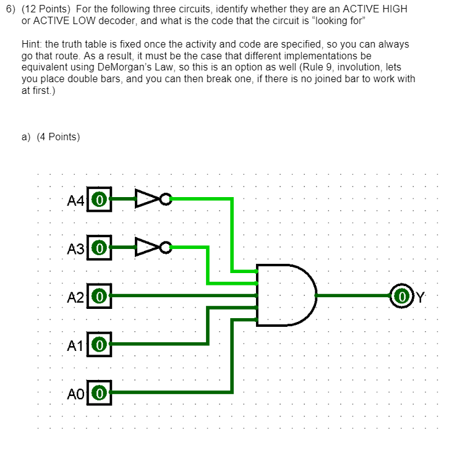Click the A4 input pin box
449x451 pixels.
(x=100, y=200)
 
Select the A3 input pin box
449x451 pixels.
(x=100, y=248)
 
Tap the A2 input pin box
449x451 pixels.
(x=100, y=296)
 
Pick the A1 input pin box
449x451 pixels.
(x=100, y=344)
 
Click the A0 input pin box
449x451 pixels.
(x=100, y=392)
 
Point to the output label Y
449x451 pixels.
(x=421, y=297)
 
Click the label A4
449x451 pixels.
(x=76, y=200)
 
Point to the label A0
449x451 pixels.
(x=76, y=392)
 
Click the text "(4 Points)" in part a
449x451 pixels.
(x=56, y=137)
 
